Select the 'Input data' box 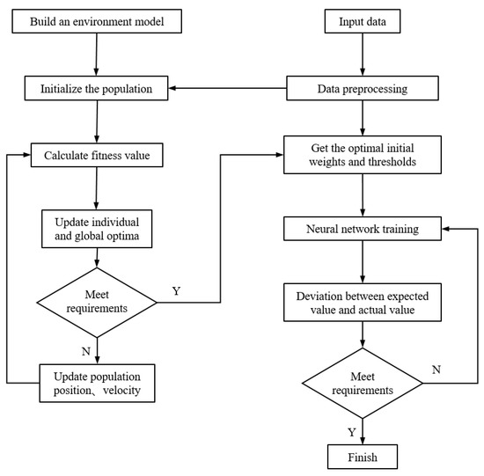tap(357, 20)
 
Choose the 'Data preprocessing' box tap(357, 88)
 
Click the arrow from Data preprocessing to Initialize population tap(229, 88)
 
